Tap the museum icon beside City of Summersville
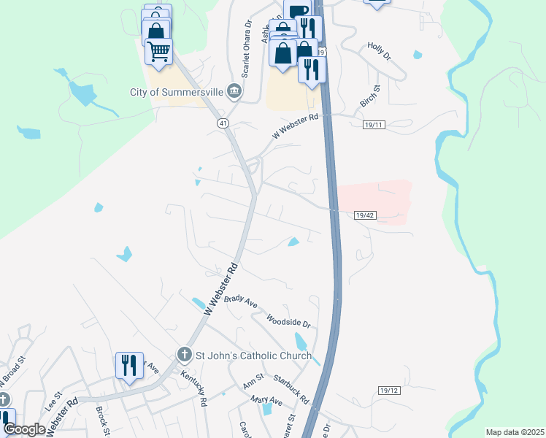(x=234, y=91)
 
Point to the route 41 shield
(x=222, y=124)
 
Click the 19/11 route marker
(x=374, y=126)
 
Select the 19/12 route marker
(x=389, y=391)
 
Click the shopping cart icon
(x=158, y=51)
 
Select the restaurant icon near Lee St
(x=129, y=364)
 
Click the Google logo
(x=25, y=429)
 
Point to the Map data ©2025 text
(x=515, y=432)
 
